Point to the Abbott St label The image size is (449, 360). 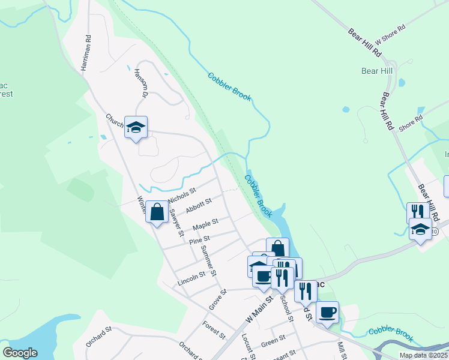point(199,206)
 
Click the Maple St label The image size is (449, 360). point(205,226)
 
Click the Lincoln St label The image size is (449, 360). point(191,278)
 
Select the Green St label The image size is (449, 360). point(273,344)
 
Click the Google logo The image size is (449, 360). point(20,353)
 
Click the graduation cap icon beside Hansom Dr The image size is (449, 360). point(136,127)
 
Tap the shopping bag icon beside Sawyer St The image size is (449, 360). point(157,212)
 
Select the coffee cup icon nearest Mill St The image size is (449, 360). point(327,312)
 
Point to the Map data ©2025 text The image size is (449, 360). point(423,355)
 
